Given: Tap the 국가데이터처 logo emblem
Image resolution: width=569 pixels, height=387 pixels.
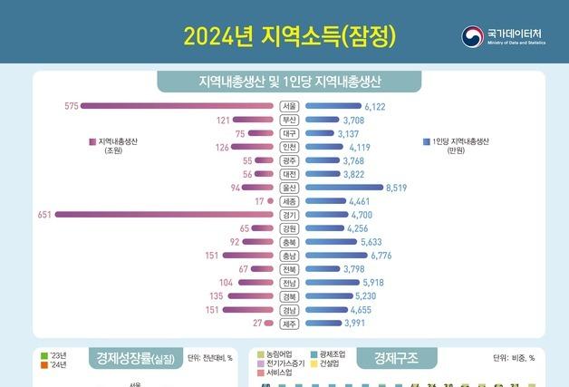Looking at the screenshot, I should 471,36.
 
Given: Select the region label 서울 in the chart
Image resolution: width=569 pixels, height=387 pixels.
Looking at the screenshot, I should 289,106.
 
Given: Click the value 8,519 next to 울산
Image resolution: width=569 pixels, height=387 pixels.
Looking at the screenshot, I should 400,188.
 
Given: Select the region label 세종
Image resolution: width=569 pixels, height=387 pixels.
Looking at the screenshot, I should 289,201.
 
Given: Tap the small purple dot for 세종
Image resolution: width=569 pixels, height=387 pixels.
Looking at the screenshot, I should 270,201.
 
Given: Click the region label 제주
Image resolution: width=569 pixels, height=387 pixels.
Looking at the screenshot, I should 289,323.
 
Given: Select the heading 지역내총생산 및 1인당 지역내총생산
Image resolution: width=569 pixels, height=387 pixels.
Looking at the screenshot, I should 289,82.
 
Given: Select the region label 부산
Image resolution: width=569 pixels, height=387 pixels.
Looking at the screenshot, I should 289,120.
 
